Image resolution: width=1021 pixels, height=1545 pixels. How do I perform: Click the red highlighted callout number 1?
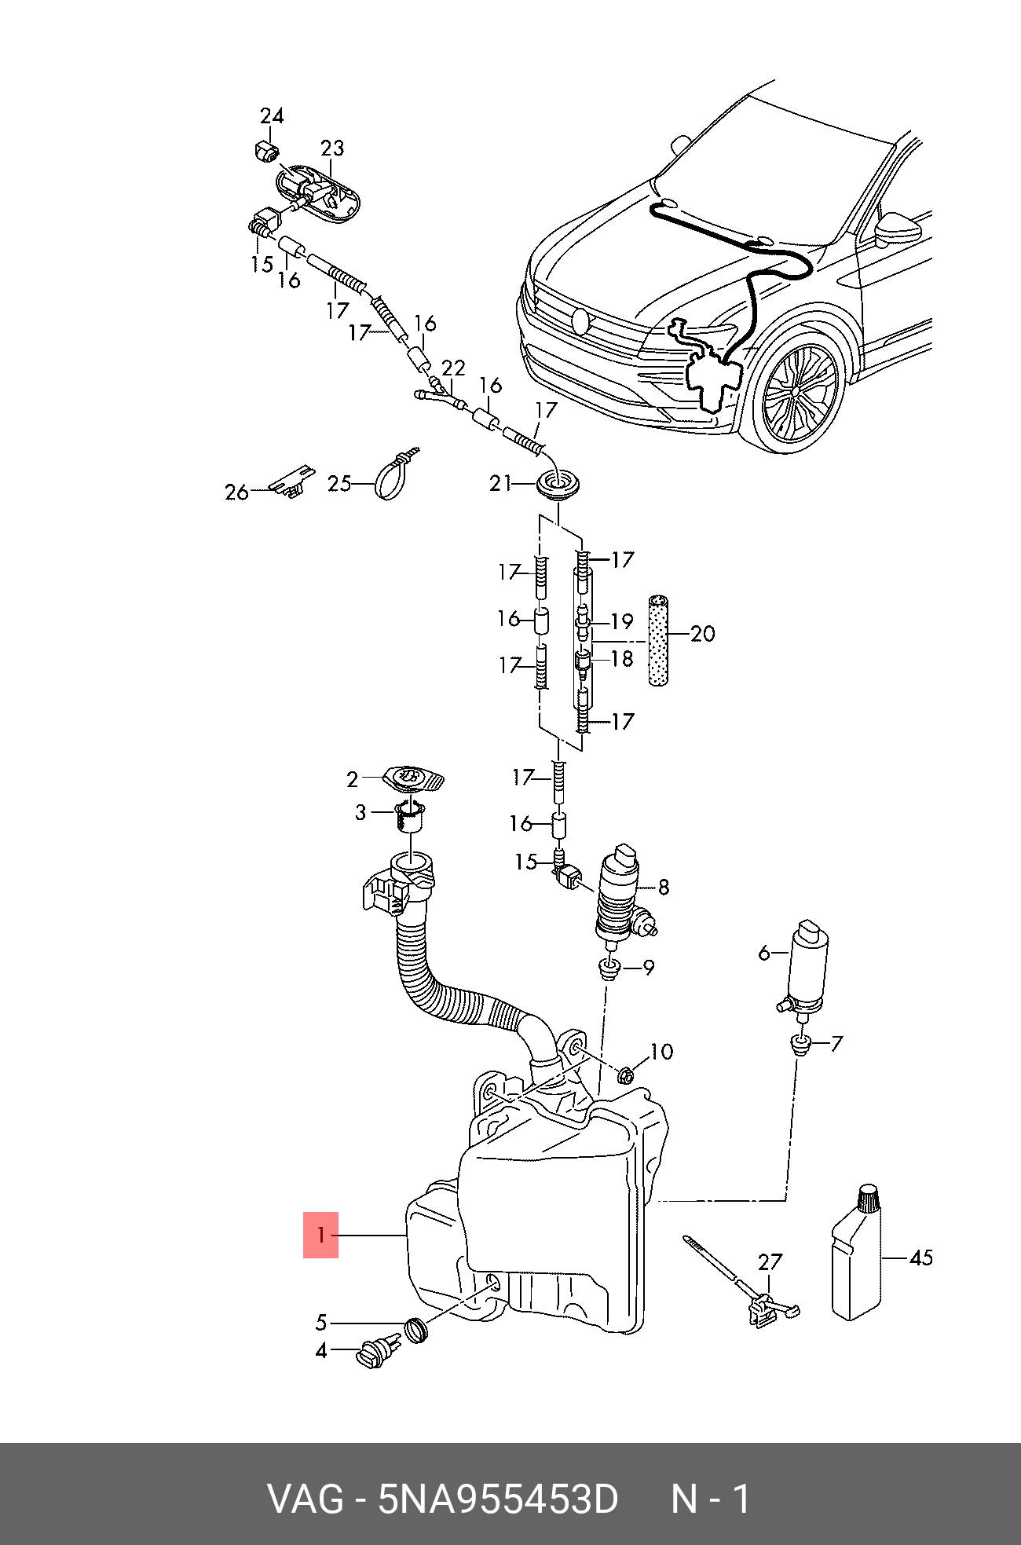tap(320, 1235)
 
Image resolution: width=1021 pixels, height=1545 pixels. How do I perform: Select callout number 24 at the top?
tap(272, 116)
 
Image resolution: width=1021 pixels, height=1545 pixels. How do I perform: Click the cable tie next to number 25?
tap(397, 473)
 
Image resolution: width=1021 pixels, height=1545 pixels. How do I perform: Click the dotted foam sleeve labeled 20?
tap(658, 640)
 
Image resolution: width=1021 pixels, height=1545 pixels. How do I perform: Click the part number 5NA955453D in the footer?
tap(498, 1499)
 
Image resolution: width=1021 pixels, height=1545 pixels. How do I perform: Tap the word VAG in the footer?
tap(306, 1499)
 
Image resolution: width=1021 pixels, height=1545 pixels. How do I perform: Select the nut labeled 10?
tap(626, 1075)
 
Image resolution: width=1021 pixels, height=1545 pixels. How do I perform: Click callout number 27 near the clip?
tap(770, 1262)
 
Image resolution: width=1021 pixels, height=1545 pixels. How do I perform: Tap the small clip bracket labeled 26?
tap(291, 480)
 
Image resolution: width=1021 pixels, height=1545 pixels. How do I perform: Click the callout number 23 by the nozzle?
tap(332, 148)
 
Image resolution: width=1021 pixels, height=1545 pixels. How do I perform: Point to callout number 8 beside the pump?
tap(664, 888)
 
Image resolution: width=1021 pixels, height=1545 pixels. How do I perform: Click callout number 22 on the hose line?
tap(453, 368)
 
